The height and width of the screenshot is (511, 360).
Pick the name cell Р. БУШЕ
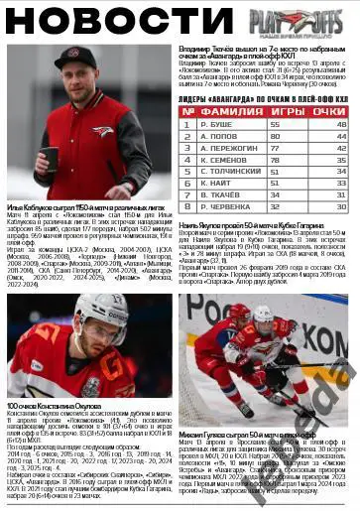point(222,125)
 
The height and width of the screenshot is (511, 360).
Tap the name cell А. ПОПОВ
point(223,136)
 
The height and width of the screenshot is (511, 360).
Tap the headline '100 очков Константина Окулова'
point(54,407)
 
